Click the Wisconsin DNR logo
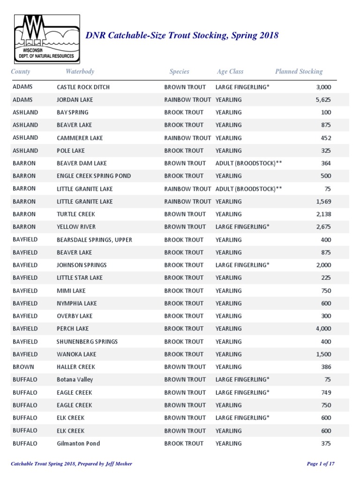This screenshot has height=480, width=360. [47, 39]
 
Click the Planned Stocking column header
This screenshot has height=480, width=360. [299, 72]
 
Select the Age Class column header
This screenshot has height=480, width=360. [230, 72]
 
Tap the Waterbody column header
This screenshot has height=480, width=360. [80, 72]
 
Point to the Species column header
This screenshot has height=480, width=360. [179, 72]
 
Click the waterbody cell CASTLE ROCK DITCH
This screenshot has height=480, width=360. [83, 87]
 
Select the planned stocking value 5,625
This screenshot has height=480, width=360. [323, 100]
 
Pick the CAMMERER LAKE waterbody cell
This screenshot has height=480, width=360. [80, 138]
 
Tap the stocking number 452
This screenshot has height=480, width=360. [326, 138]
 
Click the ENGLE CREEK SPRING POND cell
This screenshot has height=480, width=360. [94, 176]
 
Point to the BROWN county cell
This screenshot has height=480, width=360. [23, 367]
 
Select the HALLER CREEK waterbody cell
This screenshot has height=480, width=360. [76, 367]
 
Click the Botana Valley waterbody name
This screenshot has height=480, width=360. [75, 380]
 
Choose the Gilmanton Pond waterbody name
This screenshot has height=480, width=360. [78, 443]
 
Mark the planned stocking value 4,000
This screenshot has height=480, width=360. [323, 329]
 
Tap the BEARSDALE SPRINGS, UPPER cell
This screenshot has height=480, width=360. [94, 240]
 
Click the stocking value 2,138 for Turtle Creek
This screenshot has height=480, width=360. [323, 214]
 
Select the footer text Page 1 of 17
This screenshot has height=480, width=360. [321, 464]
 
